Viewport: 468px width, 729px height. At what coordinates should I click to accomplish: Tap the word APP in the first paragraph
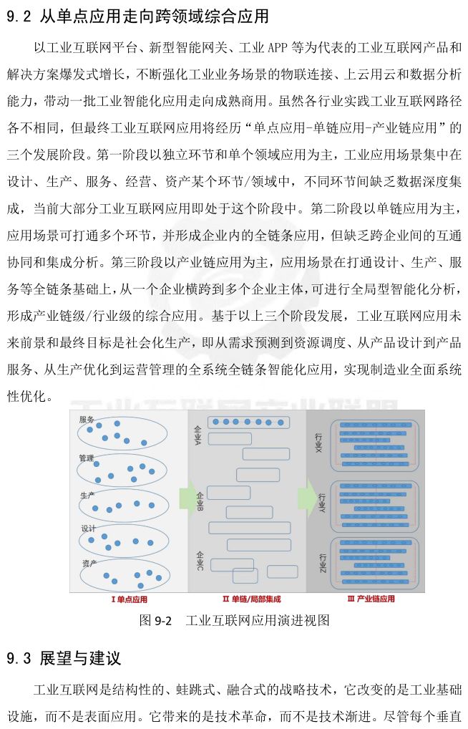276,48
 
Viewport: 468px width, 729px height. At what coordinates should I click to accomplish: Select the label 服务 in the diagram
87,420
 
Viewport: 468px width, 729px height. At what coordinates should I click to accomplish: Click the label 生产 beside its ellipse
87,494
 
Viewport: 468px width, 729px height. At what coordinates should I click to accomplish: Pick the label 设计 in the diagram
87,528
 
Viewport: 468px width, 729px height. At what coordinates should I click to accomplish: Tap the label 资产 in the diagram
87,563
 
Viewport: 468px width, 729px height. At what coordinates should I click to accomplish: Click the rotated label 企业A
198,434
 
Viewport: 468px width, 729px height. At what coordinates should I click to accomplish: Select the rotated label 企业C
198,561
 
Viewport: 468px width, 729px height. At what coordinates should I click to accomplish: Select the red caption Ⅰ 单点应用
128,599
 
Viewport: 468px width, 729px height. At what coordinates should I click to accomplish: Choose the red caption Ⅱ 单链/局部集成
248,599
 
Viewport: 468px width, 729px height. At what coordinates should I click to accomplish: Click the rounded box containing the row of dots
248,423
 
